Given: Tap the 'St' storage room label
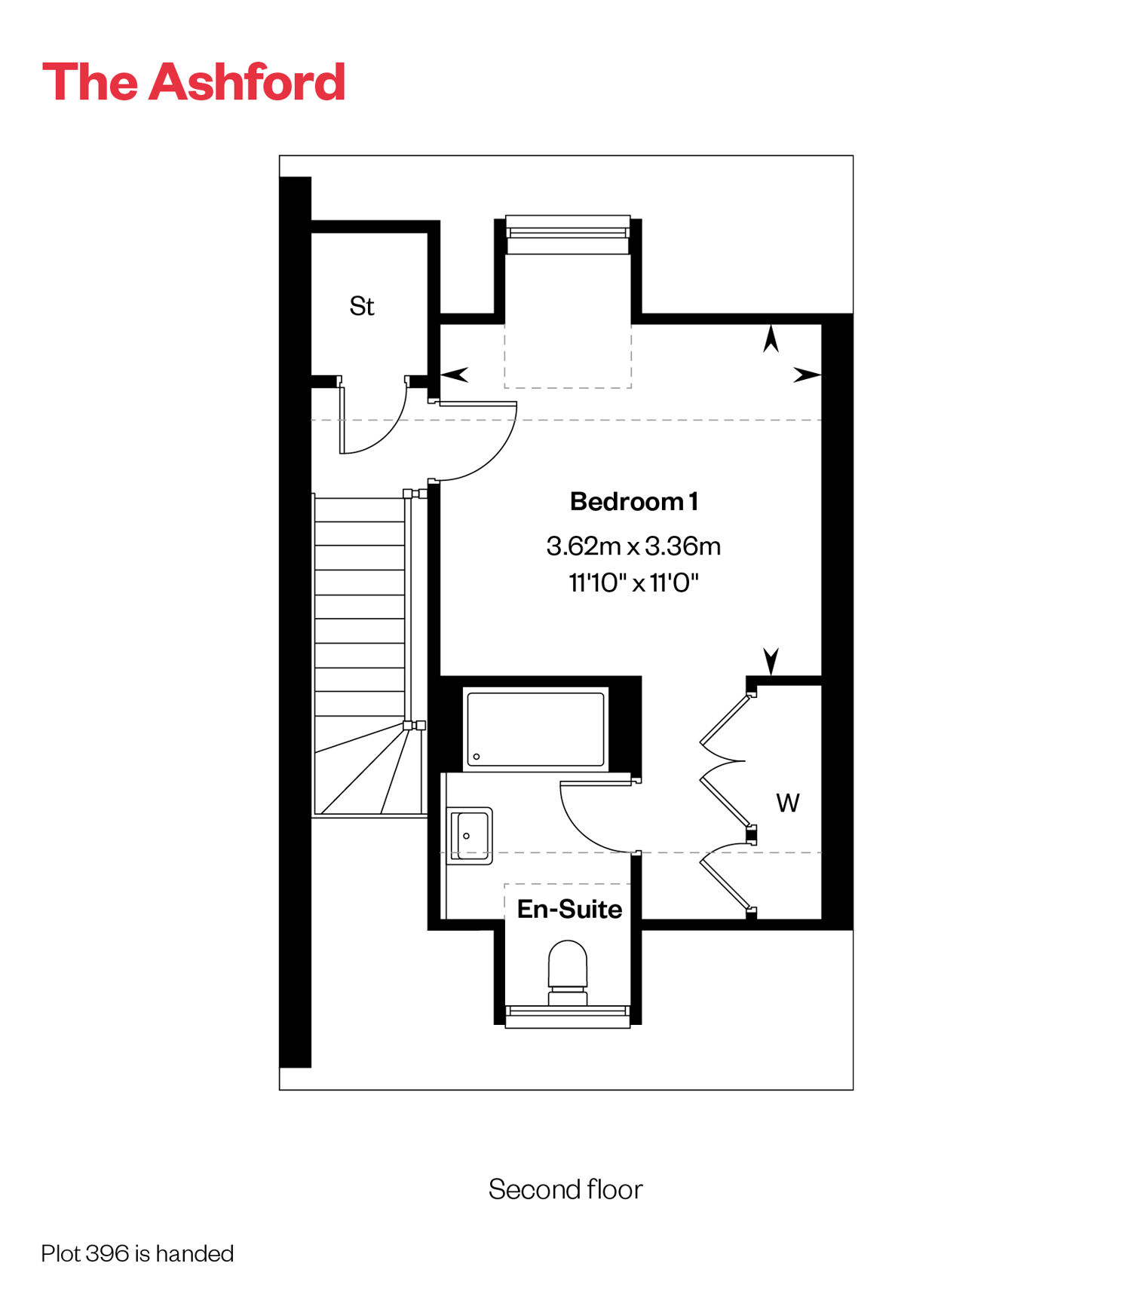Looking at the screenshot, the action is coord(362,306).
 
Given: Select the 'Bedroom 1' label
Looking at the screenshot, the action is coord(634,501).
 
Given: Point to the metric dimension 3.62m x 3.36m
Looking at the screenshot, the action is coord(633,546).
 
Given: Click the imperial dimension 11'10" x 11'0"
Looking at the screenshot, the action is coord(633,583).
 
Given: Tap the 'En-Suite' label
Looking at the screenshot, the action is coord(569,909).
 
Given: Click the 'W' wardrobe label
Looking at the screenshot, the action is coord(788,803).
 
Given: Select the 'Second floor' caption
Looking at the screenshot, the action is coord(565,1189).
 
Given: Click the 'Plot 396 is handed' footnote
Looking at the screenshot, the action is coord(137,1253).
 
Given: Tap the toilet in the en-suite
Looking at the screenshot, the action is coord(567,972).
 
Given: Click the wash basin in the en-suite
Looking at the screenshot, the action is coord(470,835).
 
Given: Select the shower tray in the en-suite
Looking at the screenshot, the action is coord(535,729).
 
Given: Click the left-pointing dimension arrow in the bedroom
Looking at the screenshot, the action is coord(454,374).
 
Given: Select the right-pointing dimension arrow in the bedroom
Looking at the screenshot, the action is coord(807,374).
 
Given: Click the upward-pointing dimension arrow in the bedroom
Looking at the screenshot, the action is coord(771,338).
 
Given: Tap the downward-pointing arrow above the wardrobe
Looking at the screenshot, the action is coord(771,662).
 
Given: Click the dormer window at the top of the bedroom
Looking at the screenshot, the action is coord(568,234).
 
